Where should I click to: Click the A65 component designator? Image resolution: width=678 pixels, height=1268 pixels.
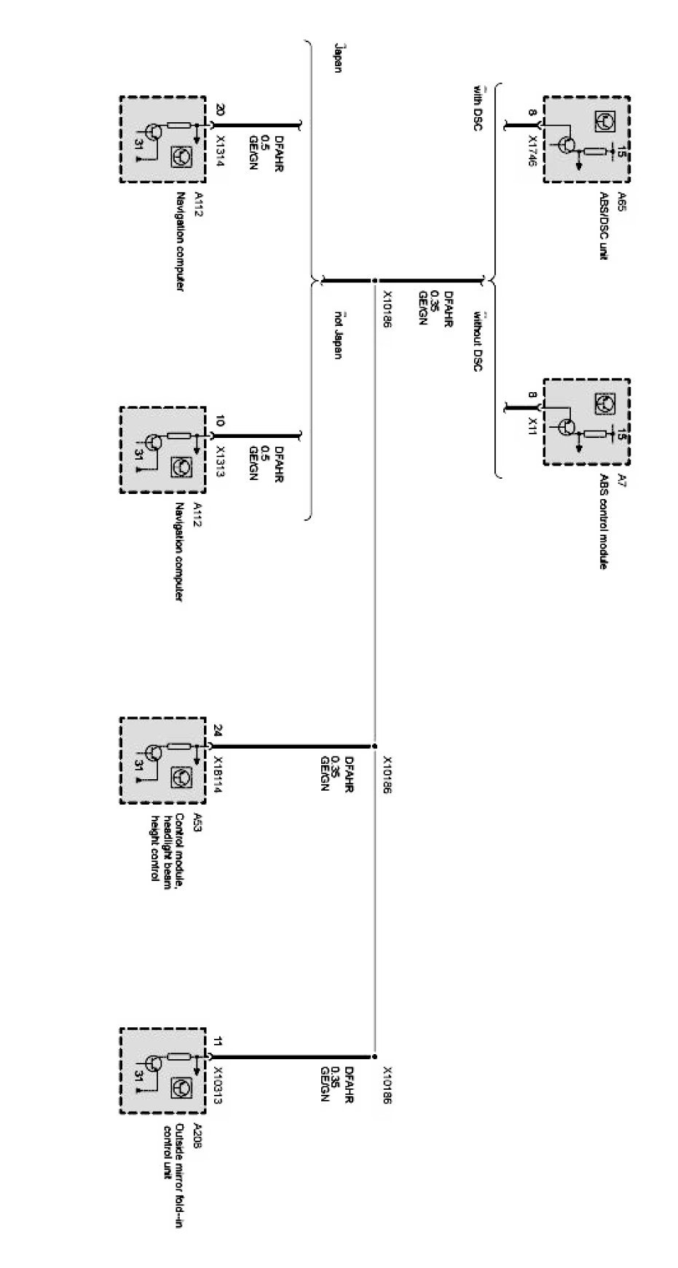pyautogui.click(x=620, y=201)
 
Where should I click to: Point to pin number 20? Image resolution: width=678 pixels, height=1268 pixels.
pyautogui.click(x=220, y=111)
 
